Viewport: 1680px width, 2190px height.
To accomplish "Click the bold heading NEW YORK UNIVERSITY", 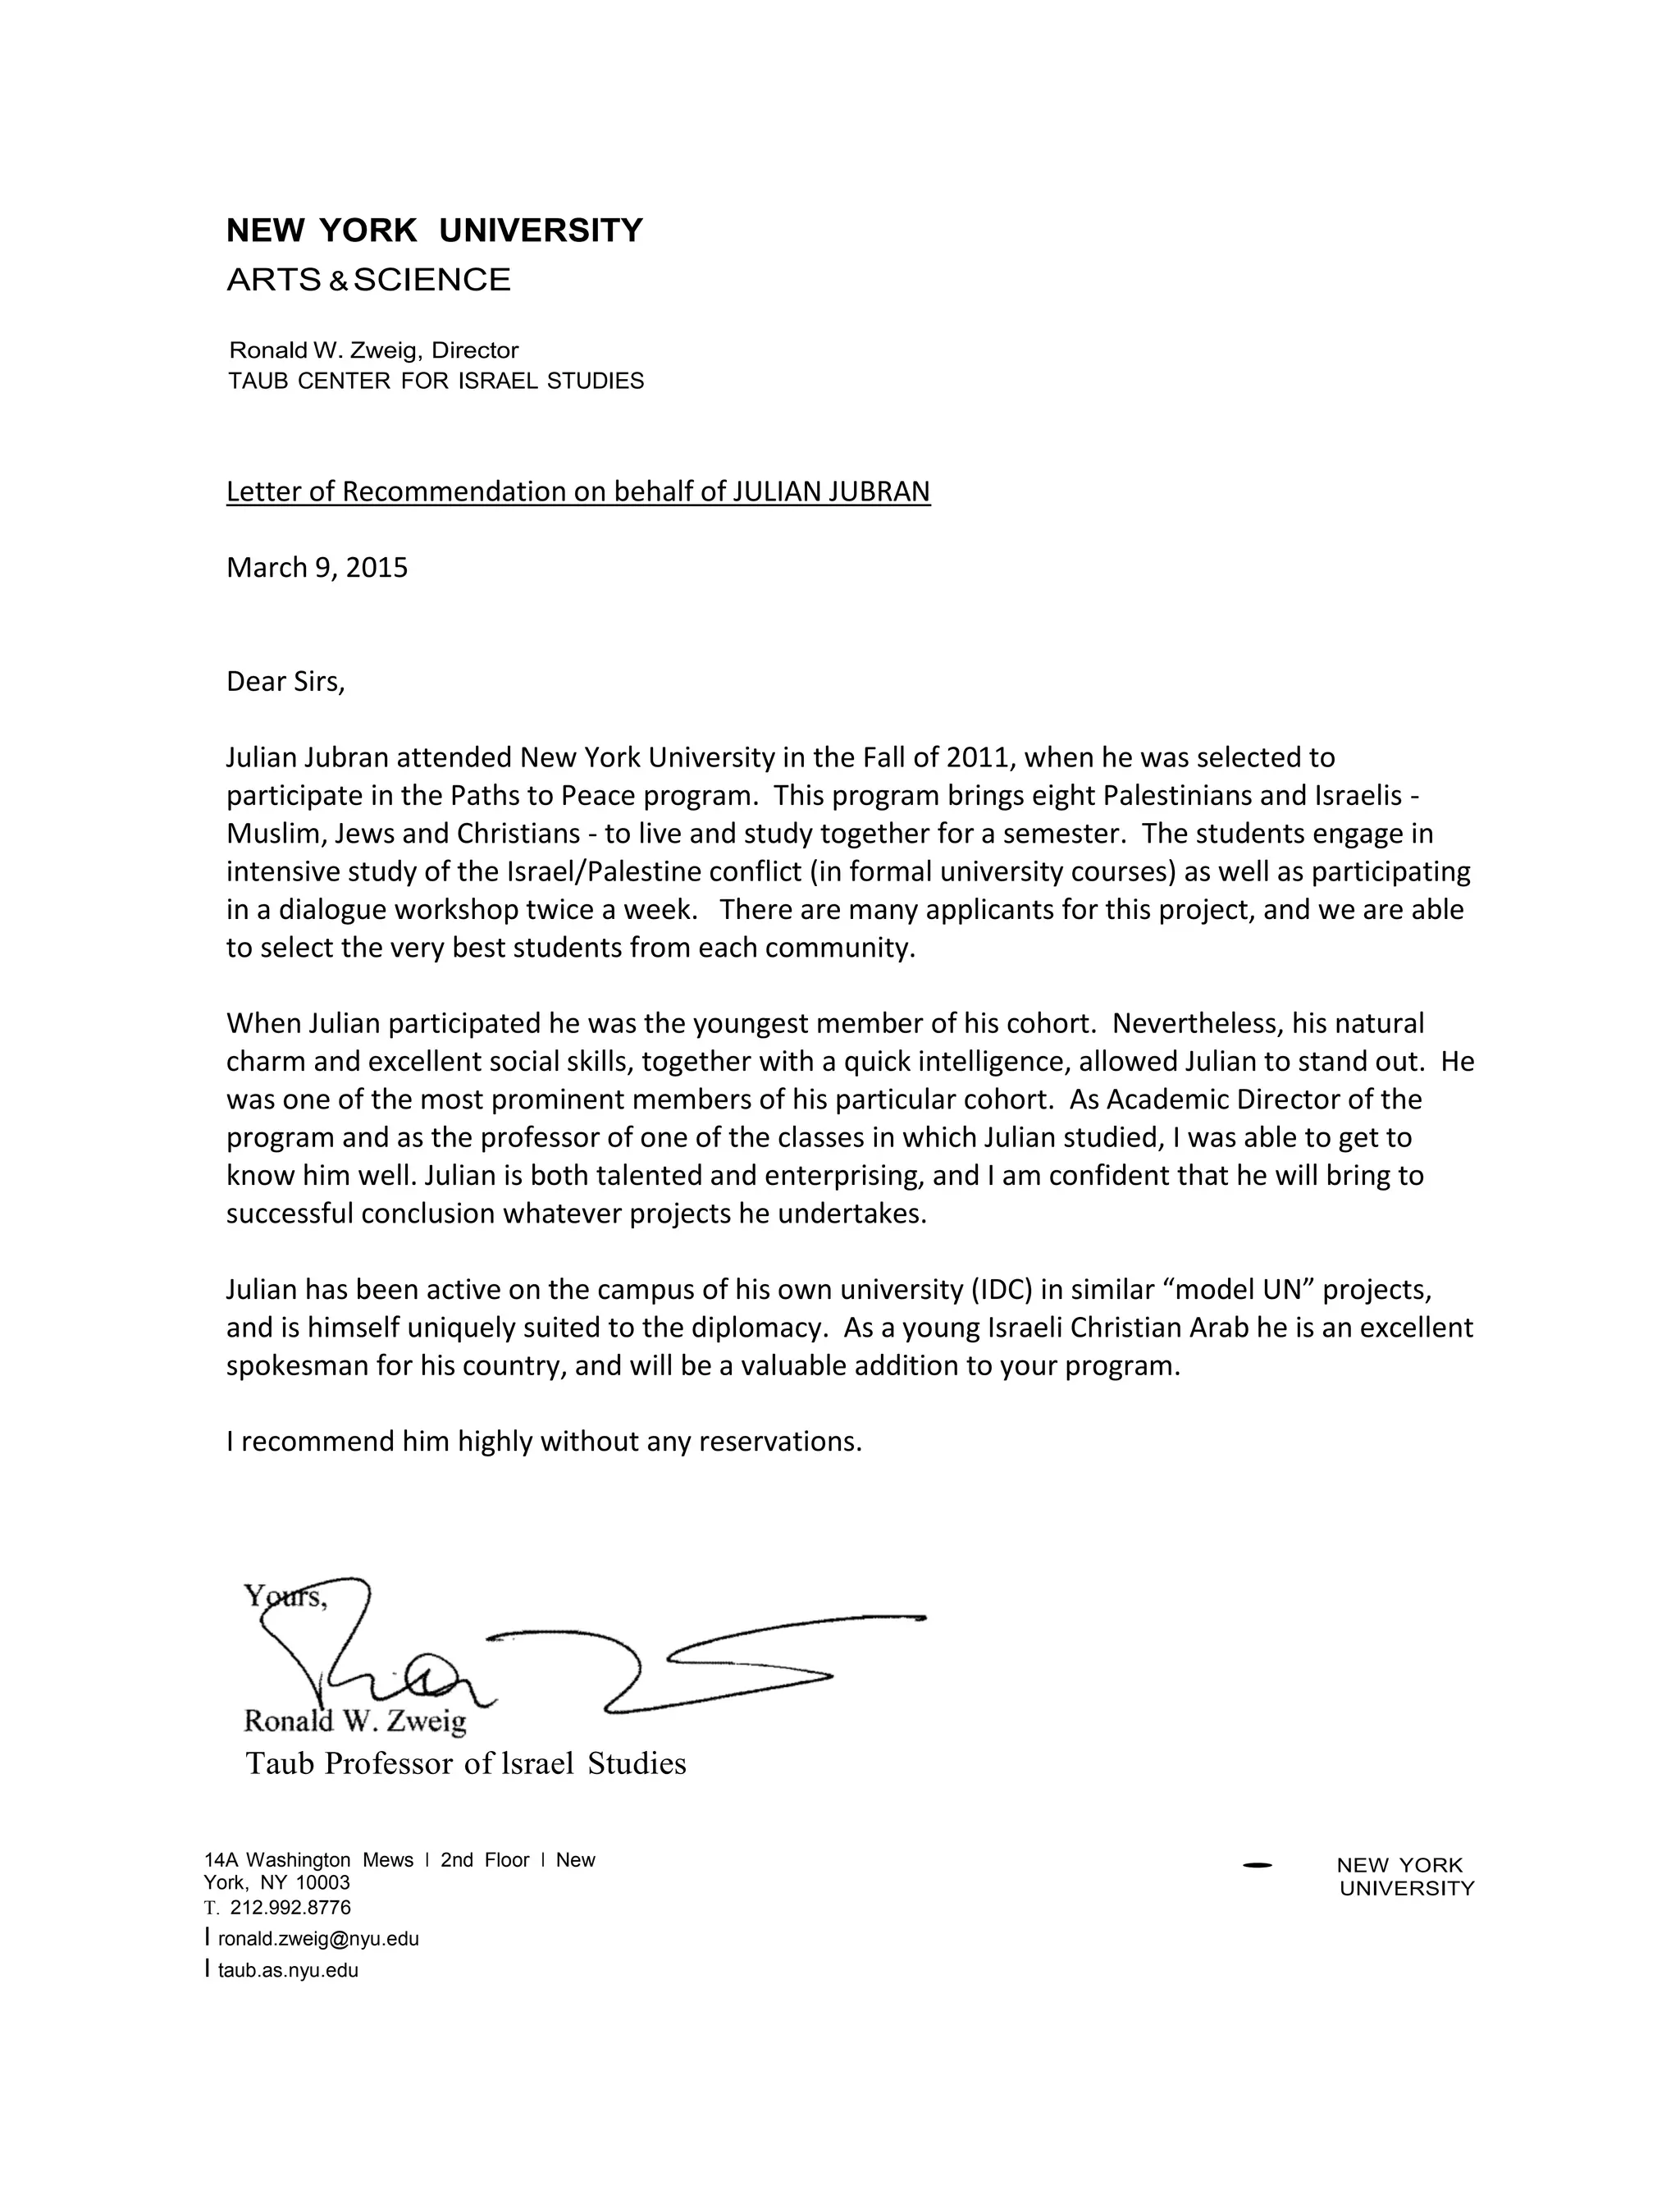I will [434, 231].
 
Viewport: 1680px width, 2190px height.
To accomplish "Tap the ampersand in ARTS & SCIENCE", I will [338, 283].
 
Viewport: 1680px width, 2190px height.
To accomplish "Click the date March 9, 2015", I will [317, 568].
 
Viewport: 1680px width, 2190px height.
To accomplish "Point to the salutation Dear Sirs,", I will [285, 682].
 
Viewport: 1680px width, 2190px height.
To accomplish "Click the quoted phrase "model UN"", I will [1240, 1290].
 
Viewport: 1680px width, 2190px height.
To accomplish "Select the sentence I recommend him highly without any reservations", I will [543, 1442].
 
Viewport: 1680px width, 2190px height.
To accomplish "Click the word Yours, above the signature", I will [284, 1597].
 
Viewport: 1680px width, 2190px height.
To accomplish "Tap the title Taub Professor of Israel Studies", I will [465, 1763].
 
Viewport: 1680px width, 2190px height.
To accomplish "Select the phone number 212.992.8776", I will [290, 1907].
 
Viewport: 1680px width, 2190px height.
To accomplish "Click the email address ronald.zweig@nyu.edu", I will [318, 1939].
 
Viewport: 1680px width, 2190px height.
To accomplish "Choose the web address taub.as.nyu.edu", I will [287, 1971].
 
